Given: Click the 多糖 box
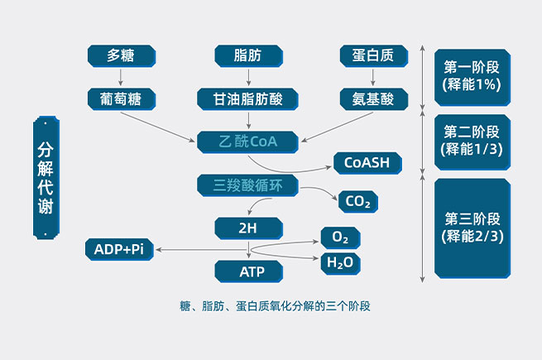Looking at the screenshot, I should (x=121, y=56).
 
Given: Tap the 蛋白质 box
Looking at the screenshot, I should (x=372, y=56).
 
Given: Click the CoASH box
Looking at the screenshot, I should (x=367, y=162).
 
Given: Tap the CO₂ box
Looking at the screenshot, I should (x=357, y=201).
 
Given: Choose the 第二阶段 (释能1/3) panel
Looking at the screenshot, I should (x=472, y=141).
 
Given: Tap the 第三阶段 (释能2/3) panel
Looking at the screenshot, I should (x=472, y=228).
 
